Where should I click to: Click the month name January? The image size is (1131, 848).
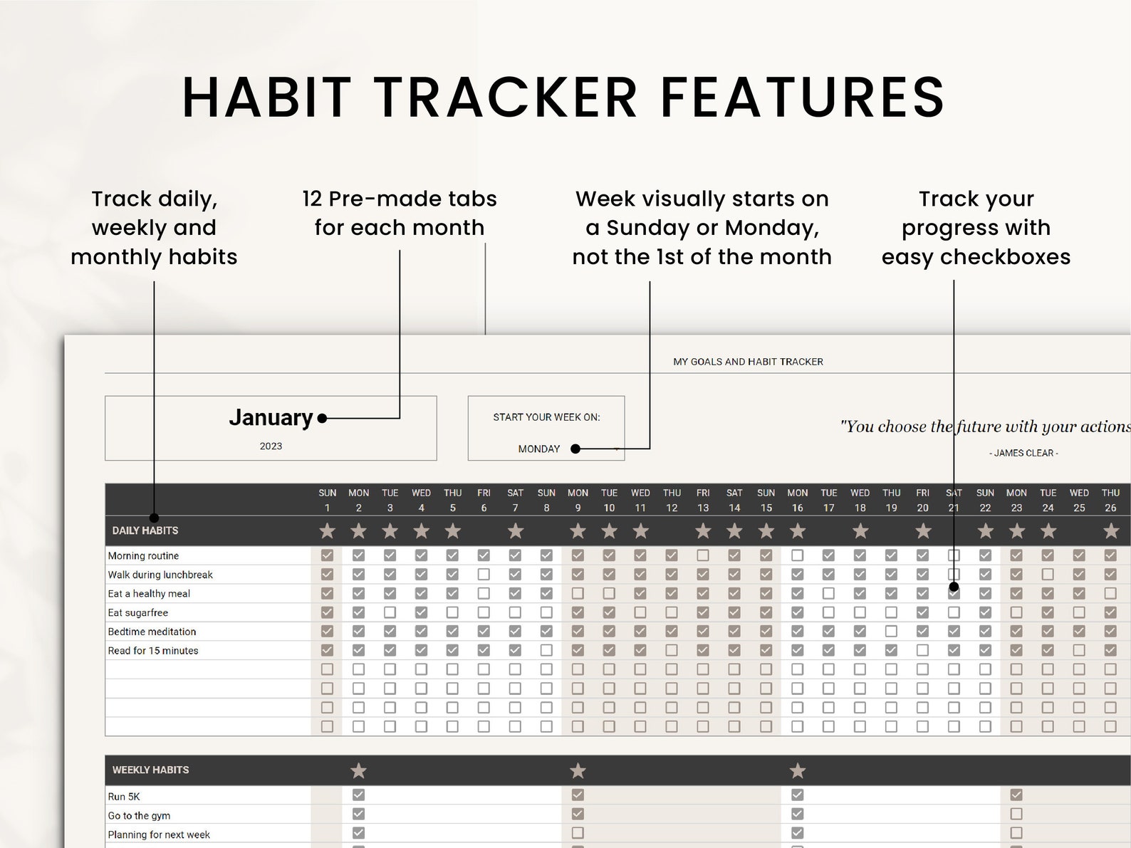point(271,417)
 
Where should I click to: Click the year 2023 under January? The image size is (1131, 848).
point(271,446)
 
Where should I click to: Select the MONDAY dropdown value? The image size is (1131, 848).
point(539,449)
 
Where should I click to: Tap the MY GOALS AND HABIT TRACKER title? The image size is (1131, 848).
point(748,362)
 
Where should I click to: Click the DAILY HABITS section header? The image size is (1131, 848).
point(145,530)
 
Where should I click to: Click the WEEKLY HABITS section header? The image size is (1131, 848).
point(150,770)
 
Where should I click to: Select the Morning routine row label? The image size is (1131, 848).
point(143,556)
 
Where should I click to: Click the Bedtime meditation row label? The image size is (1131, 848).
point(152,632)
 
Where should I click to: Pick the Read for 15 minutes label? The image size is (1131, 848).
point(153,651)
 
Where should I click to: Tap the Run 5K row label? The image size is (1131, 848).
point(123,797)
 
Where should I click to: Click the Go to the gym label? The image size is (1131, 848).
point(139,816)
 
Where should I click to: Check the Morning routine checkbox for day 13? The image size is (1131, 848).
point(703,555)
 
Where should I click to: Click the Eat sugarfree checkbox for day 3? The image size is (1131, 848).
point(390,612)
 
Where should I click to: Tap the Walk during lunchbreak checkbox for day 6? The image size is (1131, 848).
point(484,575)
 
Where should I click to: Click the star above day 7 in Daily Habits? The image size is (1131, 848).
point(515,531)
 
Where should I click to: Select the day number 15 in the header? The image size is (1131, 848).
point(766,508)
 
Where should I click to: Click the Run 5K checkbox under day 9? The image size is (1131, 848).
point(578,795)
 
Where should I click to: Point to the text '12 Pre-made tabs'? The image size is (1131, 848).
point(399,199)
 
